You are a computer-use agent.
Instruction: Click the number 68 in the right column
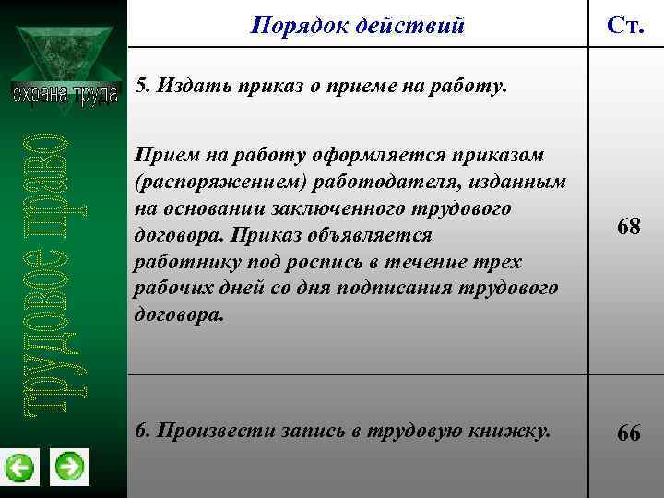pos(629,227)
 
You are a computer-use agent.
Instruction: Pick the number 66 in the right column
pos(629,433)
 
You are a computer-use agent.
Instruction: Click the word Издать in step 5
pos(191,88)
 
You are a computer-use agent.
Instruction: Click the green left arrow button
pos(19,468)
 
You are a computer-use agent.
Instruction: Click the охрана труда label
pos(65,93)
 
